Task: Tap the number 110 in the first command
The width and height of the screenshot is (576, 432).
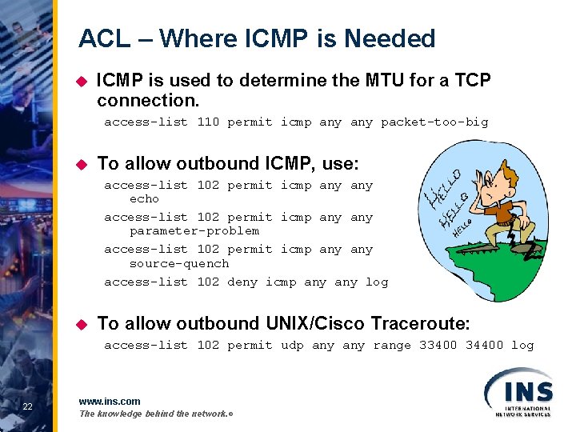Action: pos(208,122)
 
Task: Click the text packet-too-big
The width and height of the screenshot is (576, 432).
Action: pos(434,122)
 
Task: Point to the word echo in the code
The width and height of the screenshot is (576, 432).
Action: pos(144,199)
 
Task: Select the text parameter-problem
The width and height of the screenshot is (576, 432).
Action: pos(194,231)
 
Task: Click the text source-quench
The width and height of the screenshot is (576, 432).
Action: pos(179,263)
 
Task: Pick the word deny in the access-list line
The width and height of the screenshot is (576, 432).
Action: pos(242,282)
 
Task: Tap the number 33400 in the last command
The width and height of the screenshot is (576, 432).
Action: pos(438,346)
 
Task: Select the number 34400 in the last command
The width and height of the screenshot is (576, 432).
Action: pos(485,346)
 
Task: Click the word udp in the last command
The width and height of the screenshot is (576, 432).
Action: pos(292,346)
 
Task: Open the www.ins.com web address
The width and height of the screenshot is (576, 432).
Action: pos(110,401)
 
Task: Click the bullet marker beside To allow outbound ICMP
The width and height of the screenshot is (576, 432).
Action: pos(80,164)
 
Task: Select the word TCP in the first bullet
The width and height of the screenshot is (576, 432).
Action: pos(473,81)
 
